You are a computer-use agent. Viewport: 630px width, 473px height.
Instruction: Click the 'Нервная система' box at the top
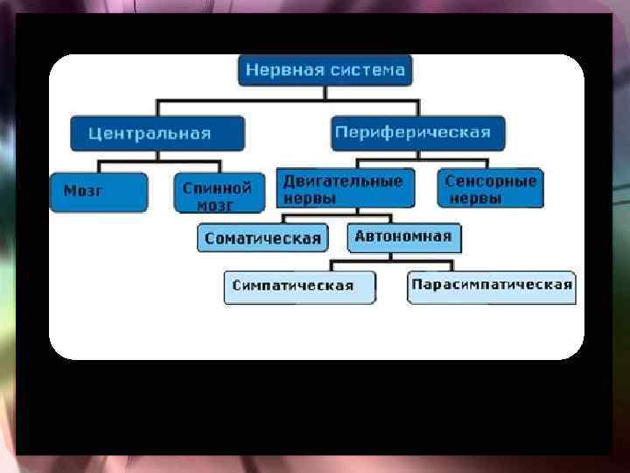325,70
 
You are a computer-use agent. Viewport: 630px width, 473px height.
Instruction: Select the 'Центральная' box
157,134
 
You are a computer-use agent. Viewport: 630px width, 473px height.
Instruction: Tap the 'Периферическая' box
417,133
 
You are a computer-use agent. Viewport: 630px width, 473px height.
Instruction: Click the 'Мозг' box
98,192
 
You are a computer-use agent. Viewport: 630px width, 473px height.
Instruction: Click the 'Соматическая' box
262,237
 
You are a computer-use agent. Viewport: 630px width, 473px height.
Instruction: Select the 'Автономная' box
403,236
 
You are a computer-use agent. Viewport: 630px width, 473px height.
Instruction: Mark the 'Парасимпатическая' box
492,285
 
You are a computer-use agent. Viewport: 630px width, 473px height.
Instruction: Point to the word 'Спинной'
218,187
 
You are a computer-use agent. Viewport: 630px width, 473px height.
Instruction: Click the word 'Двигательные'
343,181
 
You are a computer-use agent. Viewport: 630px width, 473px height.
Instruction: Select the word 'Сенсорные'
490,181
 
